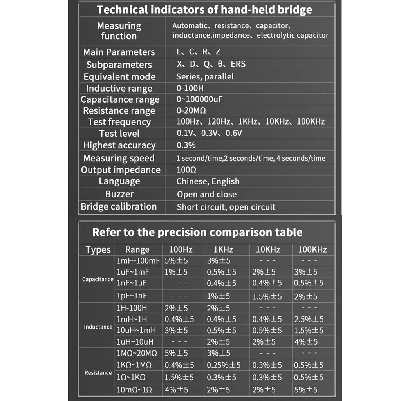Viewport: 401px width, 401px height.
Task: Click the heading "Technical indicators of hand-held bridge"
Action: [204, 10]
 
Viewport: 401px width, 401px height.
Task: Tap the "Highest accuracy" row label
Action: [119, 145]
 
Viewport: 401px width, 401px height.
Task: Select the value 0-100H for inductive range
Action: [190, 89]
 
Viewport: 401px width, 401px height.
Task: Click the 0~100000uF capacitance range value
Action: [199, 99]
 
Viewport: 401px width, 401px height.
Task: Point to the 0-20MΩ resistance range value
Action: [191, 111]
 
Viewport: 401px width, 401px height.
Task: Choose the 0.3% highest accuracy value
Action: [186, 145]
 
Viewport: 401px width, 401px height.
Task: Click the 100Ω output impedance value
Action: [186, 170]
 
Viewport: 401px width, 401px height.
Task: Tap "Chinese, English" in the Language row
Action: [208, 181]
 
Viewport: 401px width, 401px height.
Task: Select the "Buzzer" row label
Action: [119, 194]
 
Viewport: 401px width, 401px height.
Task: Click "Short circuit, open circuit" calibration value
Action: [226, 207]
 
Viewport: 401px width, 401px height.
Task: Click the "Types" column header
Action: [98, 250]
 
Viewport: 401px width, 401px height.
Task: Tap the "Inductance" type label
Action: [98, 327]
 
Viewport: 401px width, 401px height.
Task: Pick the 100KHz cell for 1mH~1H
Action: [309, 319]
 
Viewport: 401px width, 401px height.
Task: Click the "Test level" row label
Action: [119, 134]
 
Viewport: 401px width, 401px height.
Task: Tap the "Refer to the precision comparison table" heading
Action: [197, 232]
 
